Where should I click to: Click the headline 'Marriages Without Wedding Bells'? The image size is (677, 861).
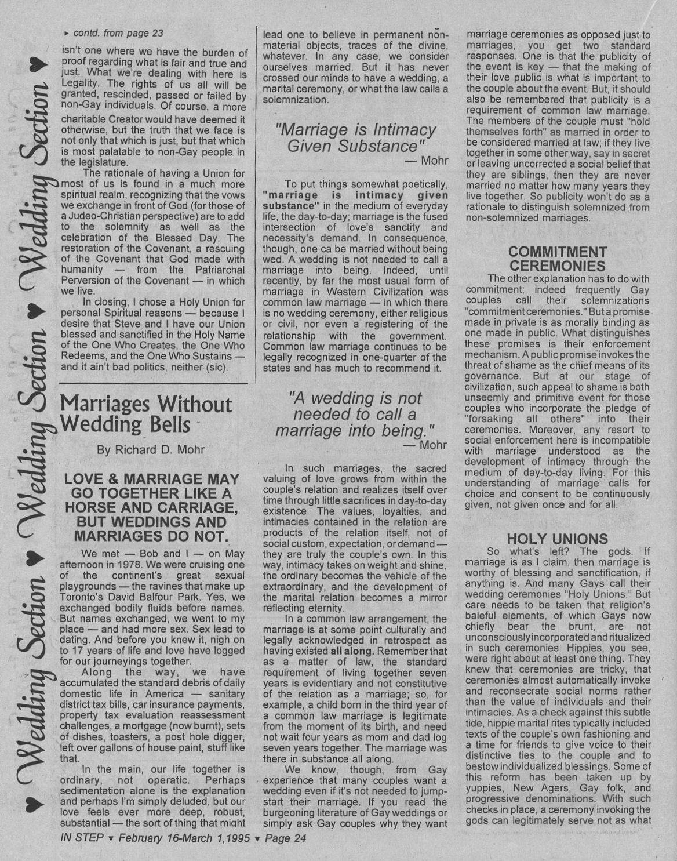point(146,414)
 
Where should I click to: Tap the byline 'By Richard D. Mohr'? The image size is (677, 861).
point(151,450)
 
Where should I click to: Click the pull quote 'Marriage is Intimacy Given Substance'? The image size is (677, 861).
point(356,137)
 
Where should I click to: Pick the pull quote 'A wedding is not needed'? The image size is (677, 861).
point(356,414)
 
